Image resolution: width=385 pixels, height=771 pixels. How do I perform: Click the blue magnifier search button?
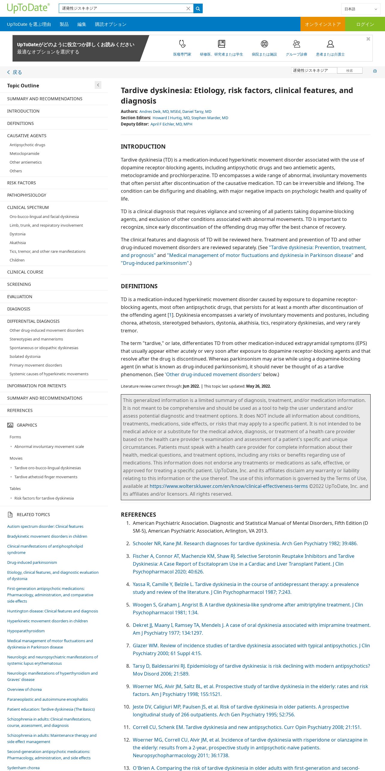tap(198, 8)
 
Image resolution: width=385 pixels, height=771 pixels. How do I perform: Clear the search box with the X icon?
tap(188, 8)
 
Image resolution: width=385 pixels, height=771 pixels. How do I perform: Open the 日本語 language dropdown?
tap(360, 9)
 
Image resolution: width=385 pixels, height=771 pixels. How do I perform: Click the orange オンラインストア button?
tap(323, 24)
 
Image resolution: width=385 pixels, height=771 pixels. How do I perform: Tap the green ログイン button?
tap(365, 24)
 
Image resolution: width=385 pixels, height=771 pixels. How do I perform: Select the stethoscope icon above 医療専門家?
tap(182, 44)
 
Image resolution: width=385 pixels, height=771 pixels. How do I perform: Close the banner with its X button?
tap(368, 39)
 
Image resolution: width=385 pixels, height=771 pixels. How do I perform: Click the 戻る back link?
tap(15, 72)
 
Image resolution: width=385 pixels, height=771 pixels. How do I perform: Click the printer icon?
tap(375, 71)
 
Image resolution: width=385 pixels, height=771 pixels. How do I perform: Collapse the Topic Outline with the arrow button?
tap(98, 85)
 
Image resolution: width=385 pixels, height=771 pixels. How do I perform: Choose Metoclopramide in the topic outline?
tap(24, 153)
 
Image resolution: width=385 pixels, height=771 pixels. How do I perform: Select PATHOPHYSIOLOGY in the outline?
tap(27, 195)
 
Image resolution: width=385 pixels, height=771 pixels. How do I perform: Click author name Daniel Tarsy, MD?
tap(197, 111)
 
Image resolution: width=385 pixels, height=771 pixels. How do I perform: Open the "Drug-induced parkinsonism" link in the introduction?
tap(155, 263)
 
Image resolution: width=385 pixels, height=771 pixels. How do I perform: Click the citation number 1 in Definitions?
tap(170, 315)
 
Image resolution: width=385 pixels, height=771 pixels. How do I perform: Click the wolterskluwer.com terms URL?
tap(228, 486)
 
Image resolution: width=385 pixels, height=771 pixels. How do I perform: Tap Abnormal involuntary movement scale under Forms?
tap(49, 446)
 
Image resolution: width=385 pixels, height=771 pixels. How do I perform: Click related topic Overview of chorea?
tap(24, 689)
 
